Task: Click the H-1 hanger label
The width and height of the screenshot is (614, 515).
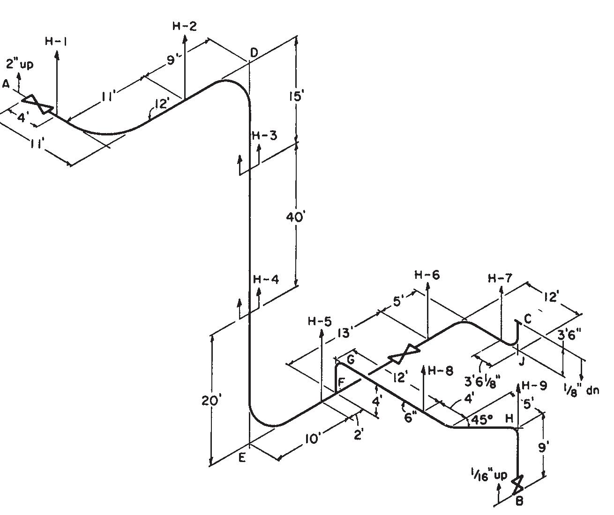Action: tap(56, 41)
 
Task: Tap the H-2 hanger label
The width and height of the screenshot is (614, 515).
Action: tap(184, 26)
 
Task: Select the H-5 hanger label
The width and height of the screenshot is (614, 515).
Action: tap(320, 321)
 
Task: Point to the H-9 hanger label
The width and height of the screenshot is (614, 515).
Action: tap(534, 386)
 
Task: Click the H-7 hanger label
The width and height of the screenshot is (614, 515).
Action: tap(501, 278)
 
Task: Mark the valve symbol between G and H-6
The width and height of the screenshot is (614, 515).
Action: tap(404, 354)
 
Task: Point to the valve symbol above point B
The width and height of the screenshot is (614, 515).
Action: tap(517, 485)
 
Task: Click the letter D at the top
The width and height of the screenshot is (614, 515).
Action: tap(254, 53)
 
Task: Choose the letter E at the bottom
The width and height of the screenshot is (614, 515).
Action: tap(242, 458)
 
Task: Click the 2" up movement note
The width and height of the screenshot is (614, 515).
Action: tap(20, 64)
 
